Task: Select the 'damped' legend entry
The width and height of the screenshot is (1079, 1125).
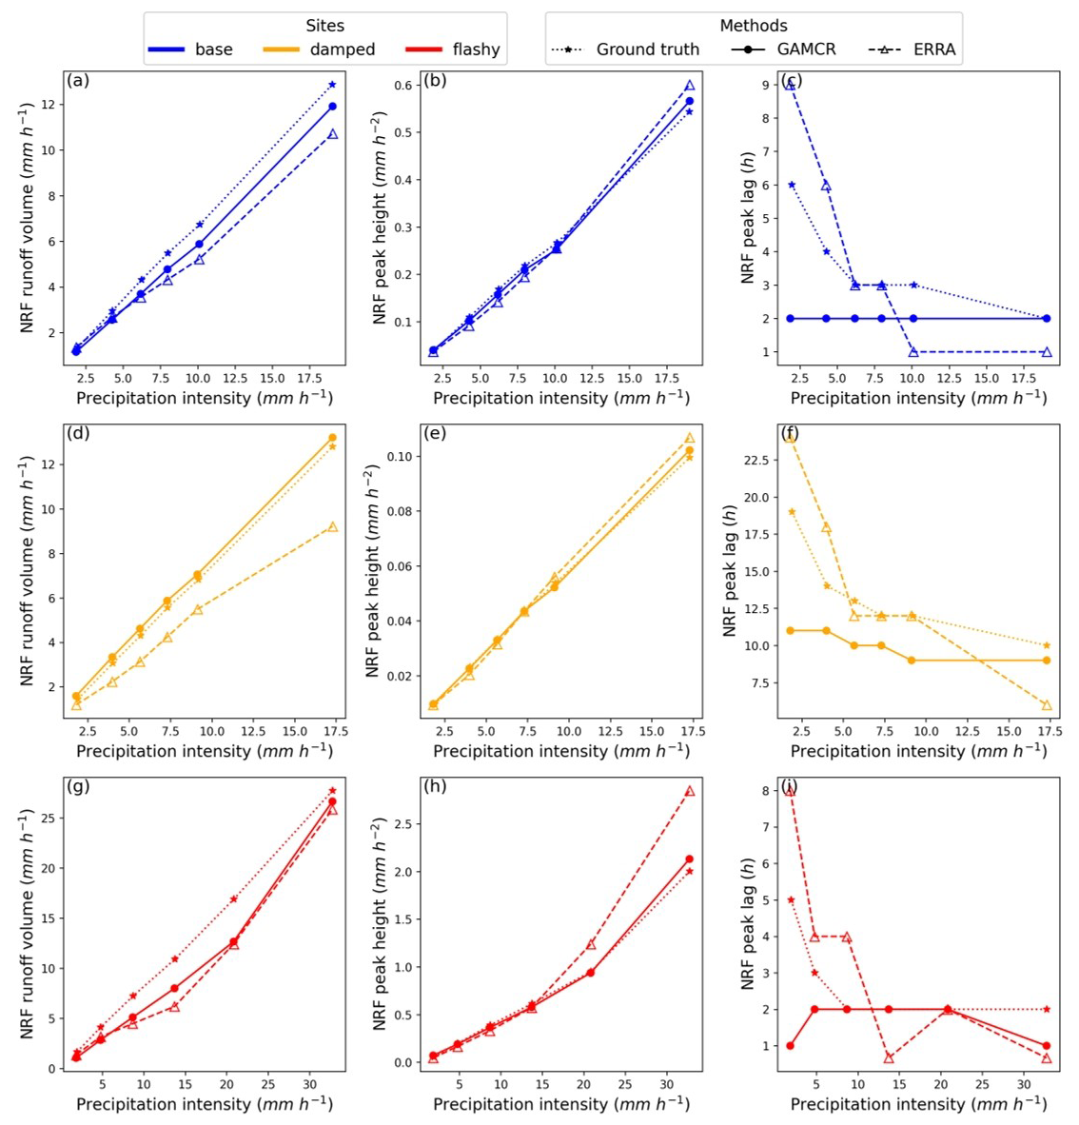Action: point(319,49)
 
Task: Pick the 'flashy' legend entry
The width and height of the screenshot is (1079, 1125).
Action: point(452,49)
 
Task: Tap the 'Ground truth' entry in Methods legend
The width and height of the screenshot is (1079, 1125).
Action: point(625,49)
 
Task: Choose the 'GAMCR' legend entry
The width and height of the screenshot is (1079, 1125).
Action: point(783,49)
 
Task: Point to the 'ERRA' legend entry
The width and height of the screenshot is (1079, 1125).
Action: point(912,49)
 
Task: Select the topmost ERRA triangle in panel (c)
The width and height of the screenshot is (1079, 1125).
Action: point(791,85)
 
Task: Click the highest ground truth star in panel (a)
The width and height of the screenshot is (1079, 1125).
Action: point(332,85)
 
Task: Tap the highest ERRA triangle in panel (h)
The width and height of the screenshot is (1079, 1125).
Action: point(690,791)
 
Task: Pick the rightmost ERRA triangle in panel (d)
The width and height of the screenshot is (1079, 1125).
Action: point(332,526)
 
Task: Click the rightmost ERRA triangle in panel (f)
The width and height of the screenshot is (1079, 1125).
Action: point(1047,705)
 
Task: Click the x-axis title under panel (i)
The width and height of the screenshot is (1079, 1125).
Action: point(918,1104)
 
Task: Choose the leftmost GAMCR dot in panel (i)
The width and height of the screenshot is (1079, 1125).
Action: point(791,1046)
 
